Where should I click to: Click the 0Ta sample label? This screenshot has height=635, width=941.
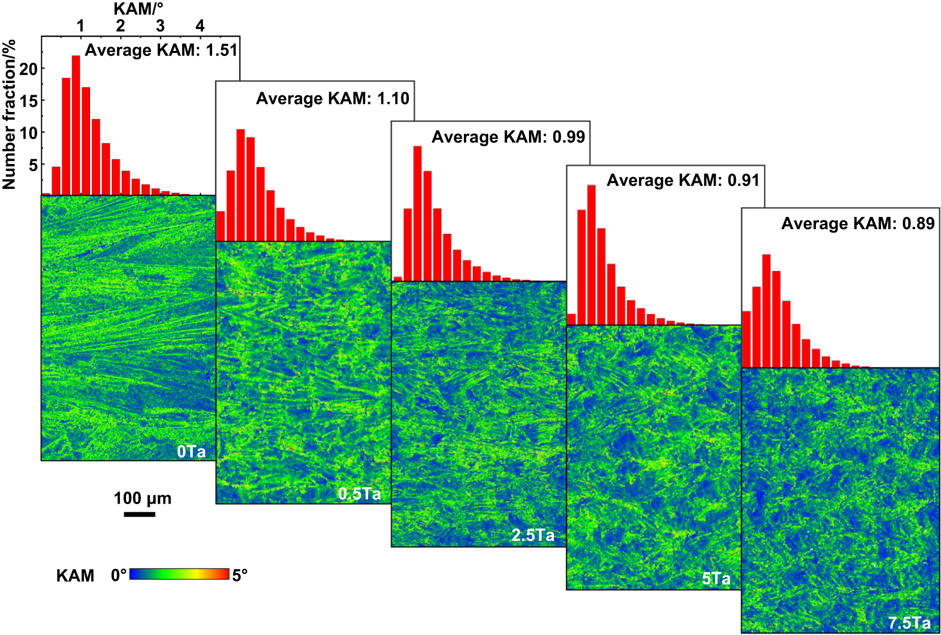pos(191,452)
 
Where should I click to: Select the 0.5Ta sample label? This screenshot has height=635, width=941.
pos(360,494)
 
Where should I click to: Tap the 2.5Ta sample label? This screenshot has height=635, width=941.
pos(533,535)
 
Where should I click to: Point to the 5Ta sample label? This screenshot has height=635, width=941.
pos(716,578)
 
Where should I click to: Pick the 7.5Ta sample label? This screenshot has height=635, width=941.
pos(909,623)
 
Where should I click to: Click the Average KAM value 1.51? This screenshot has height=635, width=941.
pos(222,50)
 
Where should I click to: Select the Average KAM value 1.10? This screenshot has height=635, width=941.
pos(393,98)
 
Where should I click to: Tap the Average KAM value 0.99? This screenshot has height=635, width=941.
pos(569,136)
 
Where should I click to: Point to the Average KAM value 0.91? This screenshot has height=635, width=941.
pos(744,180)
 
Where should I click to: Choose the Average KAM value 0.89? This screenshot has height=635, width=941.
pos(919,223)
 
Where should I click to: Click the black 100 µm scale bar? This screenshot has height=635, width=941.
pos(139,514)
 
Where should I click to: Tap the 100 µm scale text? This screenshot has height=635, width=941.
pos(142,498)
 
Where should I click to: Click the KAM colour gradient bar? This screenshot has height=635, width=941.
pos(180,574)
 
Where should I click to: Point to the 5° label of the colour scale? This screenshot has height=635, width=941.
pos(240,575)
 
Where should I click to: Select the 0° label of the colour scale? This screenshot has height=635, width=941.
pos(119,575)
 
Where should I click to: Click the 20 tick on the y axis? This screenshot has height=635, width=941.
pos(28,69)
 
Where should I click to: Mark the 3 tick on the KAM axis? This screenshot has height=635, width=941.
pos(160,25)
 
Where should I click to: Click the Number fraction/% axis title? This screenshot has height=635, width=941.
pos(9,115)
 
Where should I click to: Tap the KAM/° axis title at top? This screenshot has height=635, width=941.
pos(138,8)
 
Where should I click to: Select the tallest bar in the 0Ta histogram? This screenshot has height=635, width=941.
pos(76,125)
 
